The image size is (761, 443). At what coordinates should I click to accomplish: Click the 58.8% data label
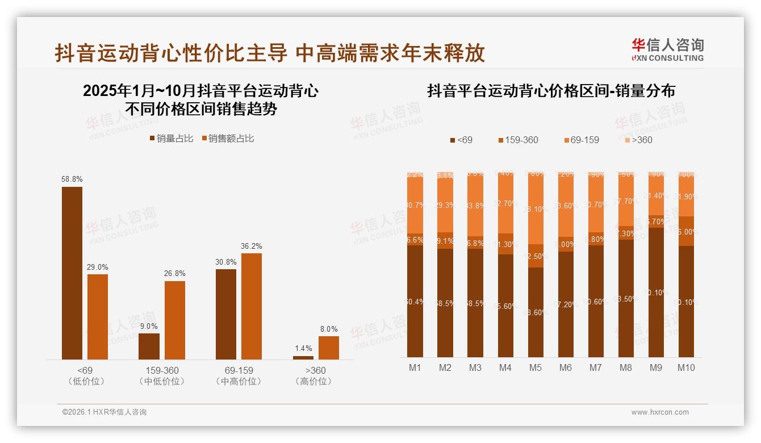72,179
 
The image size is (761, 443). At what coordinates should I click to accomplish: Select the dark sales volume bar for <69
72,273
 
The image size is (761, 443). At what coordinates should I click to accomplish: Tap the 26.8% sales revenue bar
175,320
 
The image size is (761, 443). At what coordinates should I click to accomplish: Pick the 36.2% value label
251,246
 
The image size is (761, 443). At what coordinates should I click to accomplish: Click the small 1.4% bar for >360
303,357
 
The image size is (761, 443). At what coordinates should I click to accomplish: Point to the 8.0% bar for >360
328,348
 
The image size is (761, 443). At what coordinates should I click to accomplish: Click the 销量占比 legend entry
172,138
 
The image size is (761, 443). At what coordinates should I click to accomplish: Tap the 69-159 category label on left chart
239,370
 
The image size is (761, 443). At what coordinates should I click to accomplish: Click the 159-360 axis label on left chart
162,370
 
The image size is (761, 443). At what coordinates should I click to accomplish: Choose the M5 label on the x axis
535,367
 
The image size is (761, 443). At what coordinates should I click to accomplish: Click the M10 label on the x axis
685,367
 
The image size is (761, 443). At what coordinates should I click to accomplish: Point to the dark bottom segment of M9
656,292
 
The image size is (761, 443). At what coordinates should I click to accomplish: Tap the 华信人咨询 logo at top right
667,49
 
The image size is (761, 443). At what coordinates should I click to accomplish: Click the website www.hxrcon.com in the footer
660,412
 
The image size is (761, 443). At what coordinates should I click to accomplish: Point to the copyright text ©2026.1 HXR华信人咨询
104,412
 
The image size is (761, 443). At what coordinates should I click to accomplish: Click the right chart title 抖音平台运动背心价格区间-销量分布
551,91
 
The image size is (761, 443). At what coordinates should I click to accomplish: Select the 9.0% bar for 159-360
149,346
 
